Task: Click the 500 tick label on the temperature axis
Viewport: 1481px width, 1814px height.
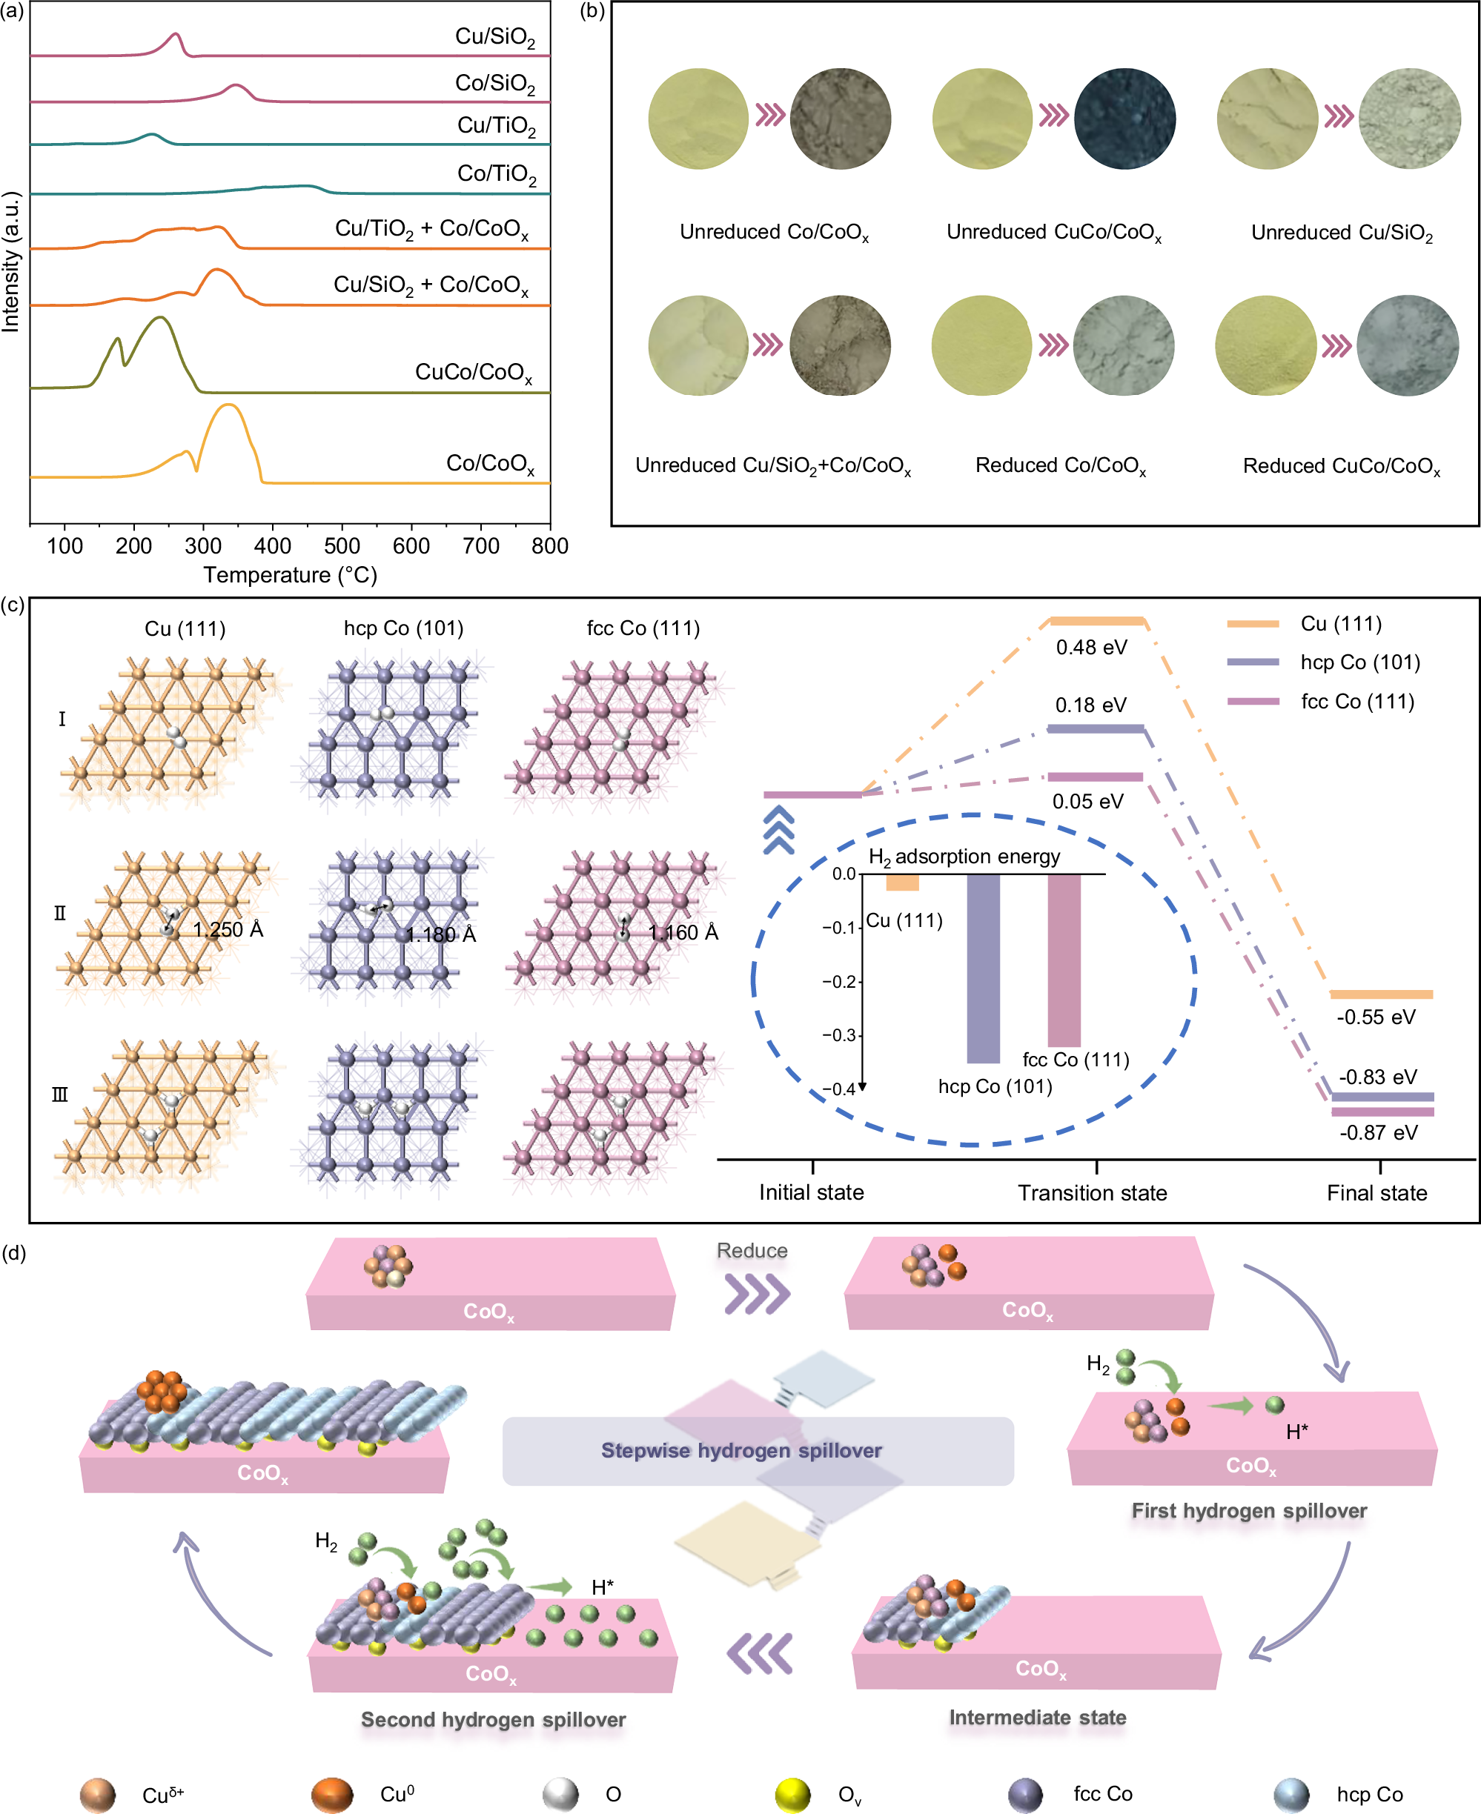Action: (342, 546)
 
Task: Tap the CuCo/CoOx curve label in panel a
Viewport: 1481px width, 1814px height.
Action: (474, 373)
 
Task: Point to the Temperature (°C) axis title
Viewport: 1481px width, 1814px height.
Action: (290, 575)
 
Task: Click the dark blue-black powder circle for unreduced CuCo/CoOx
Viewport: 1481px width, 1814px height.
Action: (1124, 118)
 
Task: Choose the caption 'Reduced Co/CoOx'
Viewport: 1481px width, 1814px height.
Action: (1061, 465)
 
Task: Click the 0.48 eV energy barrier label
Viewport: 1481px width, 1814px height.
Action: (1091, 648)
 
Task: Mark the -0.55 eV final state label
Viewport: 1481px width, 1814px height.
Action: (1375, 1017)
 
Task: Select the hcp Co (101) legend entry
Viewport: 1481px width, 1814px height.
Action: (1360, 662)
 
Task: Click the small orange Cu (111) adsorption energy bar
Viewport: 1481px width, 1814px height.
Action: (902, 883)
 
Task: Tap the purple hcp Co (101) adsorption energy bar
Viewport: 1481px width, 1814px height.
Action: (983, 968)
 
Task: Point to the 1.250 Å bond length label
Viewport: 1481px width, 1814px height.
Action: (228, 929)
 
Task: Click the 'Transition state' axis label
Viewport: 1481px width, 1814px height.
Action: (1092, 1192)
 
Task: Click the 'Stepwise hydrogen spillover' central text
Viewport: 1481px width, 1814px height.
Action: (741, 1451)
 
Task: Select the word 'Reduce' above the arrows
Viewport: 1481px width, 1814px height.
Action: (752, 1250)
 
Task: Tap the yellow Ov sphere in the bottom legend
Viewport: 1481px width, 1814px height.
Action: (792, 1795)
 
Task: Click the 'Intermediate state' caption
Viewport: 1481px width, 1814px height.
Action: (1038, 1717)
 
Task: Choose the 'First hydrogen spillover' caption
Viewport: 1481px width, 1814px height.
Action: (1249, 1510)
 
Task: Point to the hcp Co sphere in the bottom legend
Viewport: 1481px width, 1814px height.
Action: (1291, 1795)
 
